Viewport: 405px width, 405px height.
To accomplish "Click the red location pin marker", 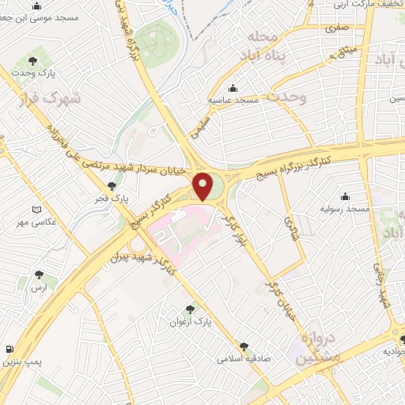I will click(x=204, y=186).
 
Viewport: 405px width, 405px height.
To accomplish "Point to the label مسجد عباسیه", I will click(x=233, y=100).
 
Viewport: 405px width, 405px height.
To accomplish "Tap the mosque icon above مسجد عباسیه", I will click(x=233, y=88).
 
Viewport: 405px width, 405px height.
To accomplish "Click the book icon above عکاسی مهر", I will click(x=36, y=210).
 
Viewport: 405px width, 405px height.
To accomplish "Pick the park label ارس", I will click(x=40, y=289).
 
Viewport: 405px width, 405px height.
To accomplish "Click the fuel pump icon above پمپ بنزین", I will click(x=9, y=350).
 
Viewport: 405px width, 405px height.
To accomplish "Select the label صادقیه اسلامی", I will click(x=244, y=358).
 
